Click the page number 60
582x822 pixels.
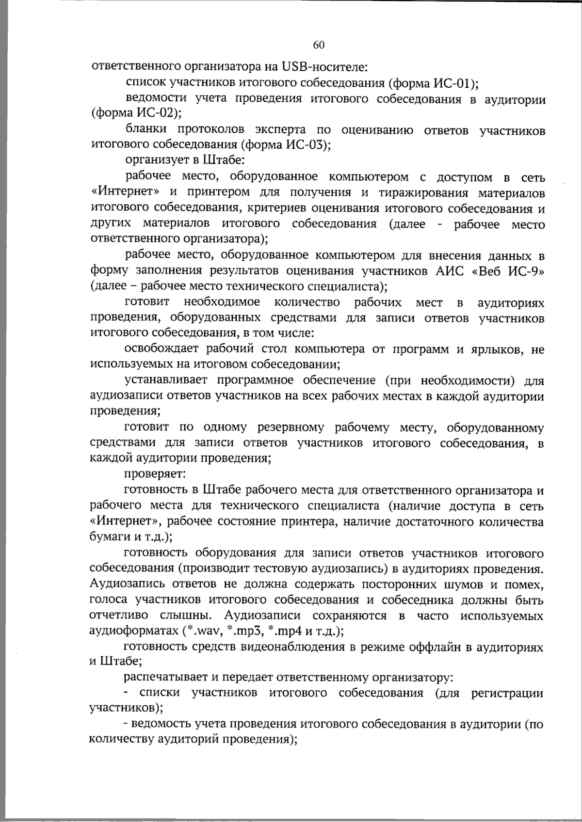click(319, 45)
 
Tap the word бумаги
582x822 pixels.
click(107, 537)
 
